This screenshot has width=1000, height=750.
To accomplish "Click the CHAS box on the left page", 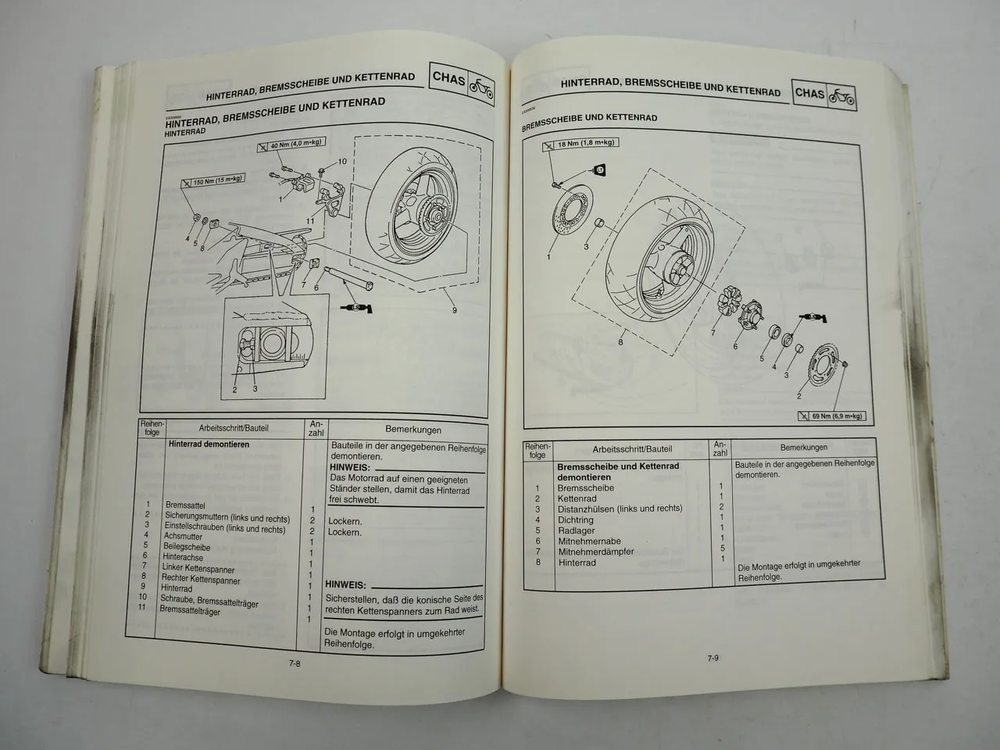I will (449, 80).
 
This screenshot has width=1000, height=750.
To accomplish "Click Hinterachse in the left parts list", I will (183, 556).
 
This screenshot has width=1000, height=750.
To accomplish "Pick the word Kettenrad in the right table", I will (577, 498).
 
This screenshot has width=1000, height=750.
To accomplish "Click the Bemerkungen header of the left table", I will (412, 429).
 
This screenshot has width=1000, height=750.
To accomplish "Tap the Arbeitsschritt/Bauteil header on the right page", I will (632, 449).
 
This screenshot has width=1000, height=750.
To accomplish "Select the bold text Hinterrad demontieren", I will (209, 444).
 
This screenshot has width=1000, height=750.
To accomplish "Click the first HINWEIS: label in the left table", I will (348, 467).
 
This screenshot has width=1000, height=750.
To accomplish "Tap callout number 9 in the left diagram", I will (454, 310).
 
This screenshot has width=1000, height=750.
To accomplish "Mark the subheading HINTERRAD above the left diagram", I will (186, 132).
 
